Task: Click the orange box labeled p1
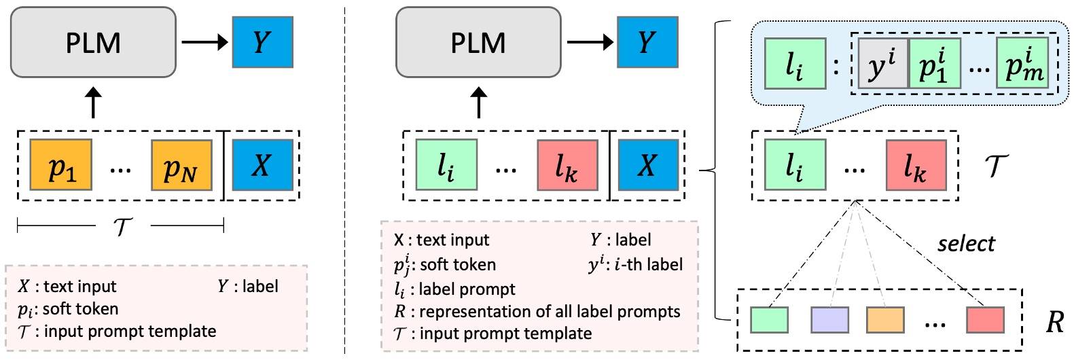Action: (61, 165)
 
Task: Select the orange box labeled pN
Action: (181, 165)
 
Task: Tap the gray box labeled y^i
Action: (882, 64)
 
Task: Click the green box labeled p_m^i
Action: (1022, 64)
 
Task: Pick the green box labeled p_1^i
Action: (934, 64)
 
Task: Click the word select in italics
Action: (965, 243)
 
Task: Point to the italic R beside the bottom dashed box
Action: (1054, 321)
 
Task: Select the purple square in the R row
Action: (829, 320)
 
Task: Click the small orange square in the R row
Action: (885, 320)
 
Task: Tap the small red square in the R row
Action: (985, 320)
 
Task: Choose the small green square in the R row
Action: (769, 320)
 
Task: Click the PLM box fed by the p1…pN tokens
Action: (93, 42)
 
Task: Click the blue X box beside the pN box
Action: (262, 165)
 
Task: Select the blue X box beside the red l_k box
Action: (648, 165)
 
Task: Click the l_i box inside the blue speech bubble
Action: (795, 64)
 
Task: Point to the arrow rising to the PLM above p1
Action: (93, 103)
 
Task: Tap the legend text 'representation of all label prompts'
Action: (549, 311)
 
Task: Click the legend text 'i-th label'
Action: (648, 264)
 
